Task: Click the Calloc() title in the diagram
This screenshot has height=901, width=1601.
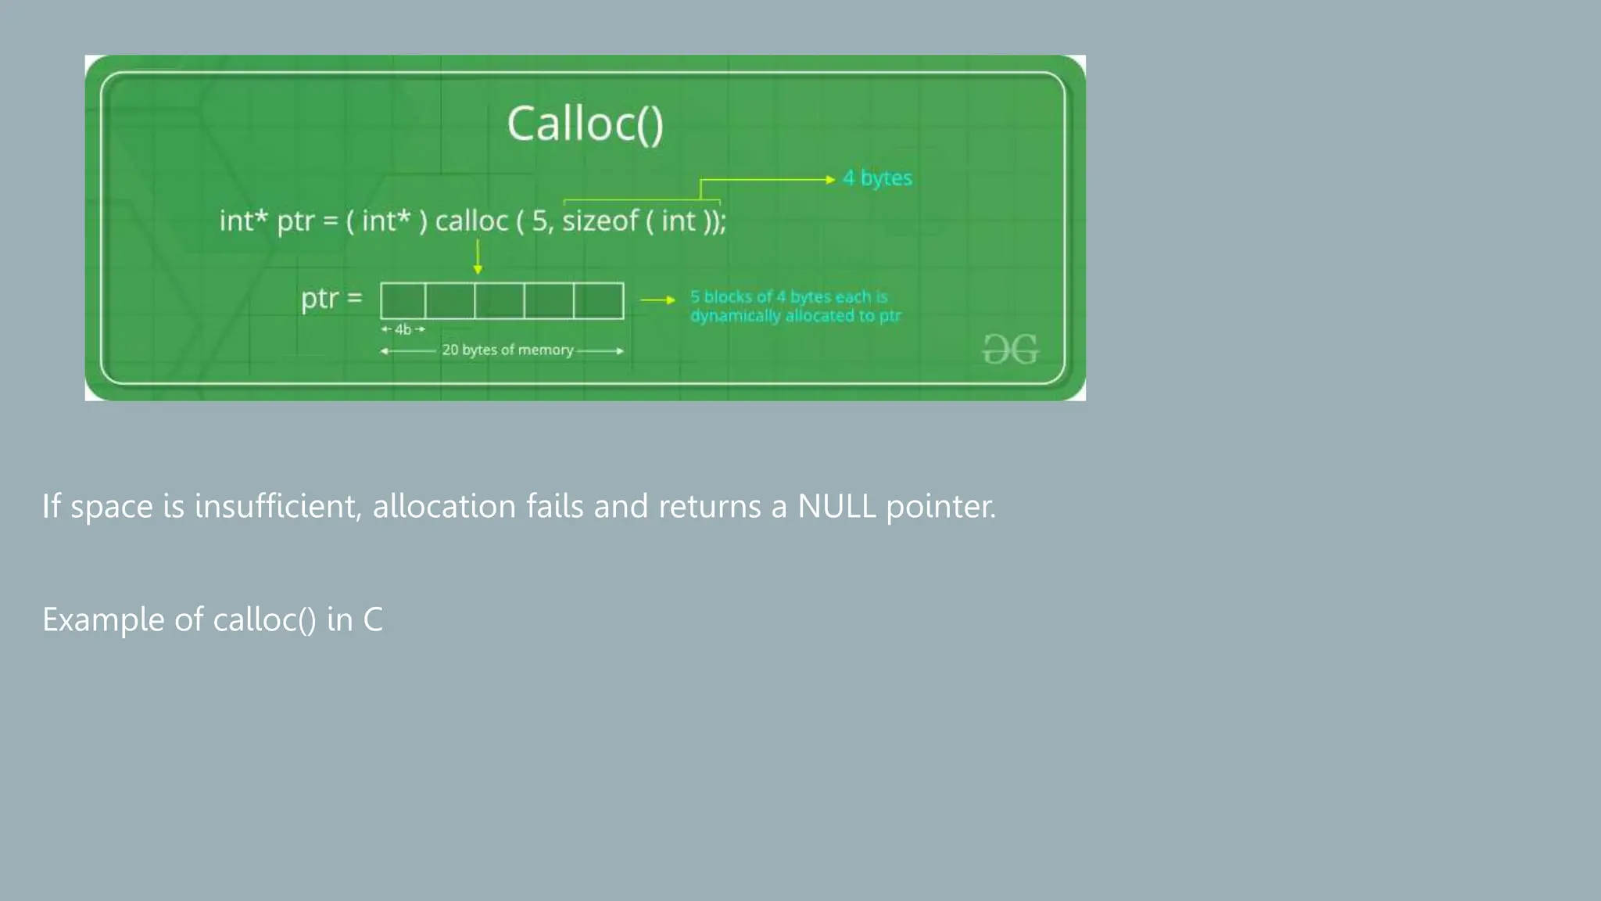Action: pyautogui.click(x=585, y=124)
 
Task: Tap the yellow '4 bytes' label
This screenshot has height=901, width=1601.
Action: pyautogui.click(x=877, y=178)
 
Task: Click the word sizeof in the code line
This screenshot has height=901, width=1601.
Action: pyautogui.click(x=600, y=221)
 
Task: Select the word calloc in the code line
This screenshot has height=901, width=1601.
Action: pyautogui.click(x=471, y=221)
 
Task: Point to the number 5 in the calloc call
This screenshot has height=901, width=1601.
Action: pyautogui.click(x=540, y=221)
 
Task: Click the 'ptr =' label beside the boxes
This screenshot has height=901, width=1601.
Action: pyautogui.click(x=331, y=299)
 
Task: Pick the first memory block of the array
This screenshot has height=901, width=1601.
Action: pyautogui.click(x=403, y=301)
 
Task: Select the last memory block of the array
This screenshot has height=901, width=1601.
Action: pyautogui.click(x=598, y=301)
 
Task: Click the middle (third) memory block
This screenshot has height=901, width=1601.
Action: pyautogui.click(x=500, y=301)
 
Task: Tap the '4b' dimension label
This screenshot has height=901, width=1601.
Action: pyautogui.click(x=403, y=329)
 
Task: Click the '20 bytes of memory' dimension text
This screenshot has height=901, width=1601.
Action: pyautogui.click(x=507, y=350)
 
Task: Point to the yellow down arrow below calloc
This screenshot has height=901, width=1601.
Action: pyautogui.click(x=478, y=257)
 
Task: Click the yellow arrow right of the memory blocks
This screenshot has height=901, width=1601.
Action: pyautogui.click(x=657, y=300)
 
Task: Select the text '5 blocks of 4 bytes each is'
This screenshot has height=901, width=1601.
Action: pyautogui.click(x=788, y=297)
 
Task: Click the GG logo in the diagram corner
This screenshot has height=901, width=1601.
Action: pyautogui.click(x=1010, y=350)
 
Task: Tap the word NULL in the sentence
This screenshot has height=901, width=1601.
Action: pyautogui.click(x=836, y=507)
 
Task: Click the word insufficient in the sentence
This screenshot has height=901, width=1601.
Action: pyautogui.click(x=278, y=506)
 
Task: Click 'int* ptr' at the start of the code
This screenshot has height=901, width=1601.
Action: pyautogui.click(x=267, y=221)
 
